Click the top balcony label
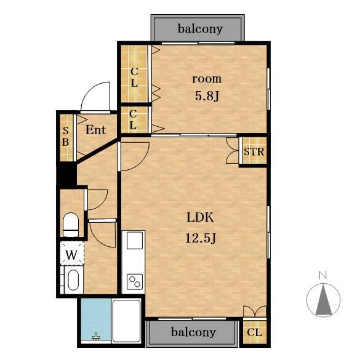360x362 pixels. [200, 29]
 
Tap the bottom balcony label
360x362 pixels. [193, 332]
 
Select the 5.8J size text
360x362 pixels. [207, 95]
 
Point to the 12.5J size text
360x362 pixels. [201, 238]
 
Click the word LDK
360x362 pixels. [200, 217]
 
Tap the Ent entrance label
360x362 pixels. [95, 130]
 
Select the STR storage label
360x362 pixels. [254, 151]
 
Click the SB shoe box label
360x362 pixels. [65, 137]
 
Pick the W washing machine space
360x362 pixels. [72, 253]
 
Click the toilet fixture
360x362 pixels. [71, 225]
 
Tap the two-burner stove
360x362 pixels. [135, 282]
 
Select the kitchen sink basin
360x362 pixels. [135, 240]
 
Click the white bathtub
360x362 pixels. [126, 321]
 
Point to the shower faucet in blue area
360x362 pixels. [96, 337]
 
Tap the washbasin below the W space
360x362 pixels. [73, 280]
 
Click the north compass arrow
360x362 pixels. [324, 300]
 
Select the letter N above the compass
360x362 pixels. [323, 275]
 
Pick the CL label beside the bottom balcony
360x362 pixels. [254, 332]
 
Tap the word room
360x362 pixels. [207, 79]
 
